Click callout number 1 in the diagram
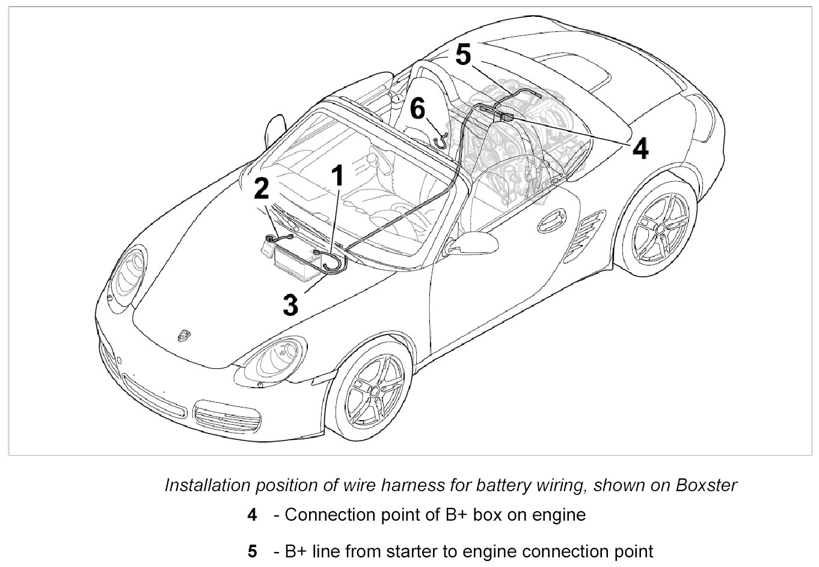click(337, 176)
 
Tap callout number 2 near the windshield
click(261, 188)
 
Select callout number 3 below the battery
click(290, 305)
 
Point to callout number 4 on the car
click(640, 149)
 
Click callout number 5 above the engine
click(463, 55)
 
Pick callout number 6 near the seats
click(417, 110)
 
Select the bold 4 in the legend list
click(253, 515)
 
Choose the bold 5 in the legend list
click(253, 551)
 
